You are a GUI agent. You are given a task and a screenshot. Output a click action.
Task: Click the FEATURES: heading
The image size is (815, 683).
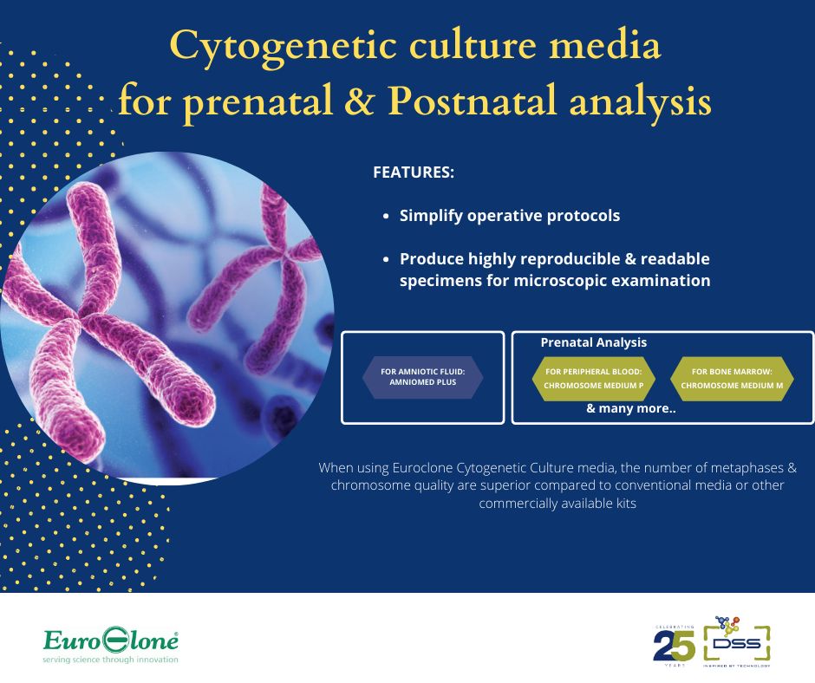pos(414,172)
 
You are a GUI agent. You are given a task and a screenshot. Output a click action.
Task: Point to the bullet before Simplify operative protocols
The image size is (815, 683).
pos(386,217)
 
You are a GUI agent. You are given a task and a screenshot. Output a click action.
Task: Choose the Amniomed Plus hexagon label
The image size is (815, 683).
pos(422,378)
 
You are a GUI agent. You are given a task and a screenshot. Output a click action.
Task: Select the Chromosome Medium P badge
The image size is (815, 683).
pos(593,378)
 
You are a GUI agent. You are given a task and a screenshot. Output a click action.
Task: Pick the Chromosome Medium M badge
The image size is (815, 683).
pos(732,378)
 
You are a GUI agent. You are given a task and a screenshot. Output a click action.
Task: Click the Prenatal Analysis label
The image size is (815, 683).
pos(593,342)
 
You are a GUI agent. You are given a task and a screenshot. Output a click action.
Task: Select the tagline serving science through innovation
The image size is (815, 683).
pos(111,660)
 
